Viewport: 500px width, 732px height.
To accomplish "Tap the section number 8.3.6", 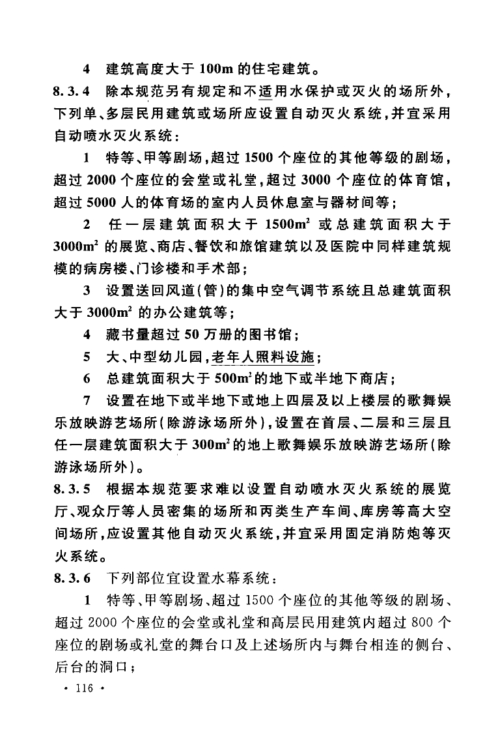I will pos(74,578).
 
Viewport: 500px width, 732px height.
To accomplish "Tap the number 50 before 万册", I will pos(194,336).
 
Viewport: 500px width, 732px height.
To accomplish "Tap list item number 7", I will pos(87,400).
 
